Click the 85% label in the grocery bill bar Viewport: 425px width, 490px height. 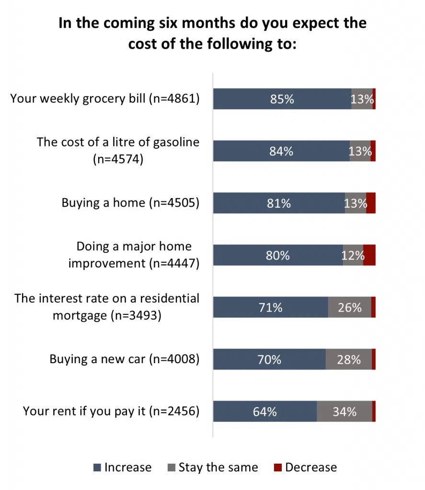pos(282,100)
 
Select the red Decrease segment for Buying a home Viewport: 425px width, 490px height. pos(370,203)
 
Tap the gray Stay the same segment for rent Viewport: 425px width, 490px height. pos(344,412)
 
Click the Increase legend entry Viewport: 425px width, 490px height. pos(122,468)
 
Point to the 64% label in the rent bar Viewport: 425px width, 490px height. pos(265,412)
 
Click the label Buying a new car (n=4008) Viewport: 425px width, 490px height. pos(124,359)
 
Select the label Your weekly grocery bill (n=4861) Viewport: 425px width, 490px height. pos(104,99)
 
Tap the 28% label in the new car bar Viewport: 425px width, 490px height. pos(348,359)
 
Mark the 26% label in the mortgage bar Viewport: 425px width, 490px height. pos(349,307)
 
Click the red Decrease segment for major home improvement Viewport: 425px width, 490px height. pos(369,255)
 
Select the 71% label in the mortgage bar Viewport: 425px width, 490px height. pos(270,307)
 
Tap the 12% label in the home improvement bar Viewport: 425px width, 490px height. pos(353,256)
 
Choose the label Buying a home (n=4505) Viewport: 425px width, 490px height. pos(130,203)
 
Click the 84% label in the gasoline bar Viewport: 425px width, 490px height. pos(281,151)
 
